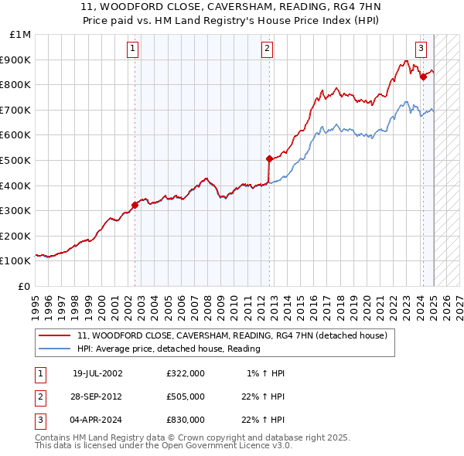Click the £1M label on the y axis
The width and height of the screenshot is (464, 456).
click(x=21, y=35)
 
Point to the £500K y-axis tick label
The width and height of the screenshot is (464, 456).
click(x=15, y=161)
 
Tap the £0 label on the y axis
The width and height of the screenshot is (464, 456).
click(x=25, y=286)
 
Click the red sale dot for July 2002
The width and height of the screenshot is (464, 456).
click(x=135, y=205)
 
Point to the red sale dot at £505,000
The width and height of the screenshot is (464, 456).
click(x=269, y=159)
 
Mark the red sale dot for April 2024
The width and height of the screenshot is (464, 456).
click(x=423, y=77)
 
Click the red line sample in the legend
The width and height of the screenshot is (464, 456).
click(x=56, y=336)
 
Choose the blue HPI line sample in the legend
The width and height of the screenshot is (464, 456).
click(x=56, y=349)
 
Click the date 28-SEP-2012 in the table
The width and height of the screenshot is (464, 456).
click(x=97, y=396)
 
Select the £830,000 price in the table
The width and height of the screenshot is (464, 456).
click(x=186, y=420)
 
